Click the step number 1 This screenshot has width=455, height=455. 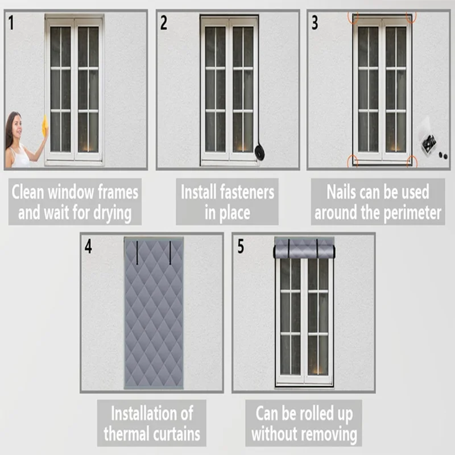click(x=12, y=23)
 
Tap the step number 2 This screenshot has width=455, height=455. click(x=164, y=23)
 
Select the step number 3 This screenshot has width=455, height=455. click(x=315, y=23)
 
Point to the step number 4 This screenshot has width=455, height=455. click(x=88, y=247)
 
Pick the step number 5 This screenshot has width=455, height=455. click(x=241, y=247)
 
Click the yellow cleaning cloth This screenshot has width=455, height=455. click(x=44, y=126)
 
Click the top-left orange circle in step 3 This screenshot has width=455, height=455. click(x=353, y=17)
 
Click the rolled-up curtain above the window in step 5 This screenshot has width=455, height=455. click(x=304, y=249)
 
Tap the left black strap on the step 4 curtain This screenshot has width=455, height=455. click(x=137, y=253)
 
